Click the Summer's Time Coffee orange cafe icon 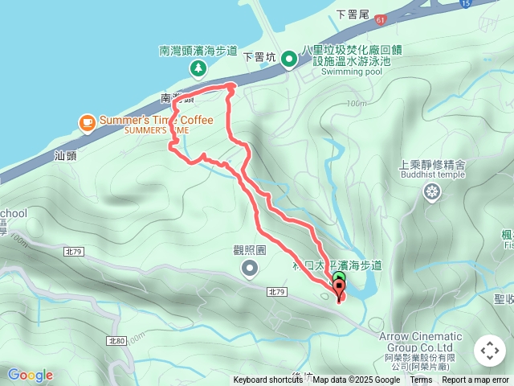(x=87, y=121)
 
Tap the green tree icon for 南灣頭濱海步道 (x=198, y=69)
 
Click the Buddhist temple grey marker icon (x=432, y=191)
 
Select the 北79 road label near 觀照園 (x=276, y=292)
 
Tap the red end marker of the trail (x=338, y=292)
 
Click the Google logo (x=30, y=375)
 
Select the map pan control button (x=489, y=351)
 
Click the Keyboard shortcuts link (x=268, y=380)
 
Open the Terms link (x=421, y=380)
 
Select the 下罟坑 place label (x=259, y=57)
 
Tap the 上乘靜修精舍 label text (x=432, y=164)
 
